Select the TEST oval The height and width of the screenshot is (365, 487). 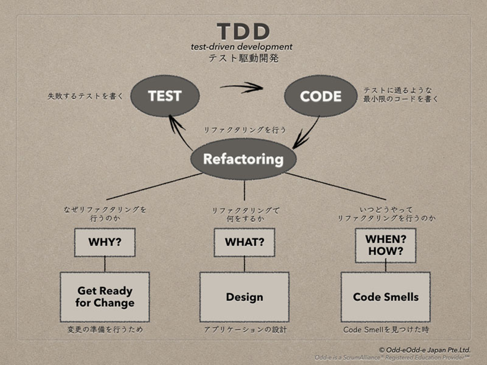165,96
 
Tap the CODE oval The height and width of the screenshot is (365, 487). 320,96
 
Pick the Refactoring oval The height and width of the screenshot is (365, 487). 243,159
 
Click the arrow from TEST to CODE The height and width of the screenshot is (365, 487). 242,88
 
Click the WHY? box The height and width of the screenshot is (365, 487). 105,242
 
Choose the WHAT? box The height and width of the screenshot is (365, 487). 244,242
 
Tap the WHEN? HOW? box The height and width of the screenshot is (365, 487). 386,245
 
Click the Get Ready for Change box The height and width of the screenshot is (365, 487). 105,297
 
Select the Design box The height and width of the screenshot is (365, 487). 244,297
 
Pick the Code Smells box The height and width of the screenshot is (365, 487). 386,297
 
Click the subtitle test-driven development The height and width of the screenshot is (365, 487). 241,47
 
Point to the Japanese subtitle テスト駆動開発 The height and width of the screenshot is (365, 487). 243,58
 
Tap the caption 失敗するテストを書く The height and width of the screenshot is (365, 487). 85,96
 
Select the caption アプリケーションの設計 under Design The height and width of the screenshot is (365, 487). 245,330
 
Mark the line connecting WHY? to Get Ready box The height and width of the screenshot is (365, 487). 105,264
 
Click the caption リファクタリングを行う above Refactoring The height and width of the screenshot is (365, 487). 245,130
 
